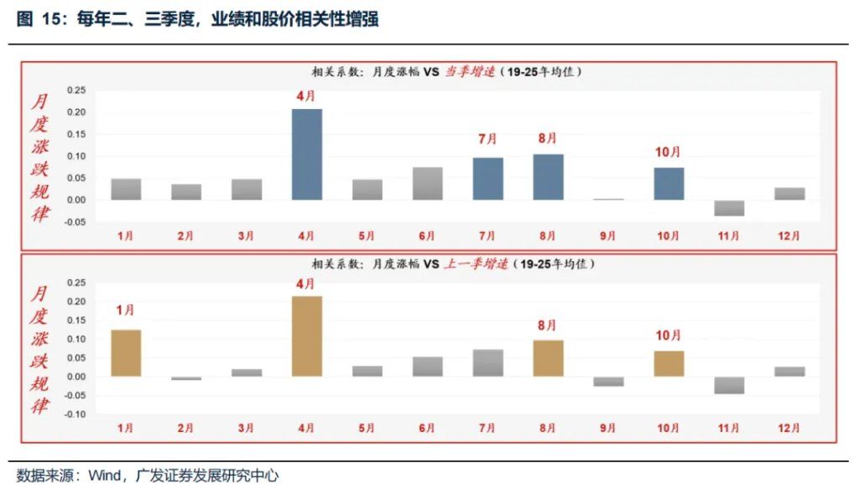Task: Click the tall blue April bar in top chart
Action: point(306,154)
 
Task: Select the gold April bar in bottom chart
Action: point(306,335)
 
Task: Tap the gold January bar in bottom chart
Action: point(126,352)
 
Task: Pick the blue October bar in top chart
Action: point(669,184)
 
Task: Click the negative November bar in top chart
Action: point(729,208)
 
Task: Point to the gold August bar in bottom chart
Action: point(548,358)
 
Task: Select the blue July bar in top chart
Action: point(487,179)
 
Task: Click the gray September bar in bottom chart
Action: point(608,381)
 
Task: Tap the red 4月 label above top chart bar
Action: point(306,96)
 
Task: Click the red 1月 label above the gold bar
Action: point(126,310)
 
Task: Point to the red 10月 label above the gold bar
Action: point(669,335)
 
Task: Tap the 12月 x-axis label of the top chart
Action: point(789,236)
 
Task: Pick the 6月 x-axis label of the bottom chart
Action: point(427,428)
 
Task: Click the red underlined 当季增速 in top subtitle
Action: point(469,72)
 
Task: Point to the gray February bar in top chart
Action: point(186,192)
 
